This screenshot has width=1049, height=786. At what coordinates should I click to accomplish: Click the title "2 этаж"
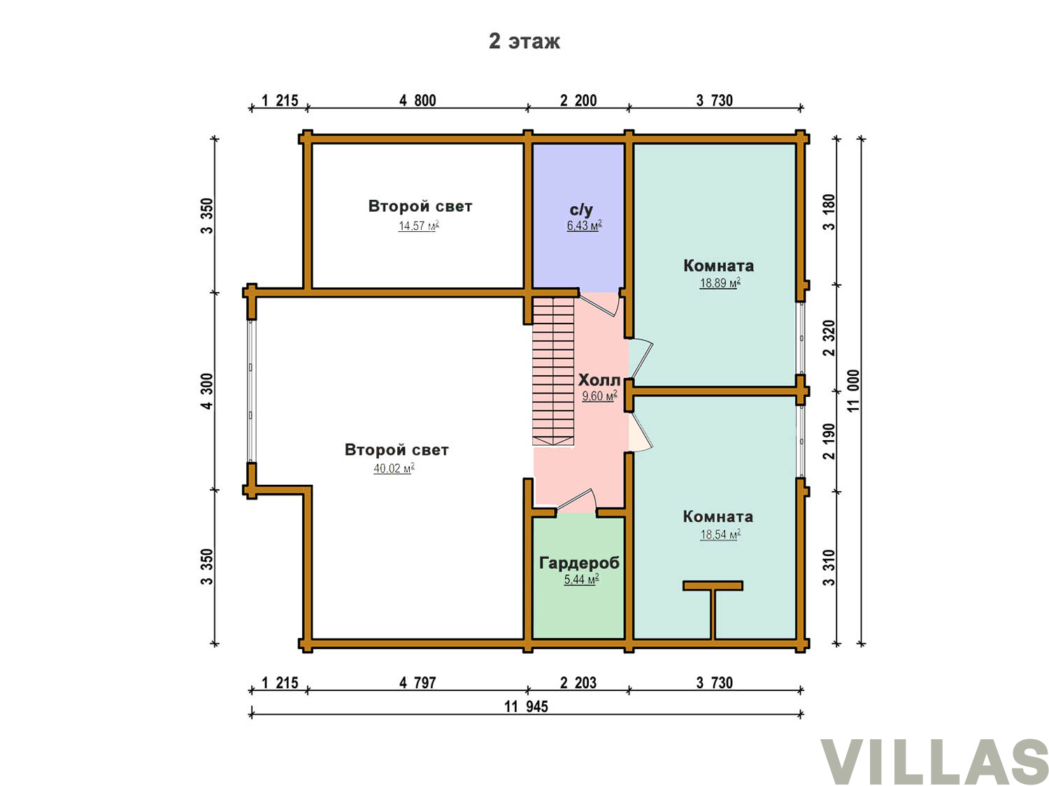[524, 41]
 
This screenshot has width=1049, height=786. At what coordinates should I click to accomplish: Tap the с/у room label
[581, 210]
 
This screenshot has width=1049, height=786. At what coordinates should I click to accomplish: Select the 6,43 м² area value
[584, 225]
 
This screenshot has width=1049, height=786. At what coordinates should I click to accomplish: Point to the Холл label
[599, 380]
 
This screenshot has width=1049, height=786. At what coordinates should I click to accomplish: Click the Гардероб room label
[579, 563]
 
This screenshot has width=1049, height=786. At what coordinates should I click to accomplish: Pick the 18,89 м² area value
[720, 282]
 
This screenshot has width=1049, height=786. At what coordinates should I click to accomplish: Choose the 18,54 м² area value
[720, 534]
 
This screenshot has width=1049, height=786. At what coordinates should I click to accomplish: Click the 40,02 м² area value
[393, 468]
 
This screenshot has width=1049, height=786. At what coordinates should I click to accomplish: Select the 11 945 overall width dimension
[526, 706]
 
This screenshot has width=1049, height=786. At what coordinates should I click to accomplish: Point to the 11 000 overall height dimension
[853, 391]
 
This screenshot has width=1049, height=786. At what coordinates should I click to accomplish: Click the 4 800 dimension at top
[418, 101]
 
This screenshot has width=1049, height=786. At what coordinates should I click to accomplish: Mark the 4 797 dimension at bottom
[418, 683]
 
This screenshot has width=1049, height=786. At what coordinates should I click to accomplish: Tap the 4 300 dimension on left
[206, 391]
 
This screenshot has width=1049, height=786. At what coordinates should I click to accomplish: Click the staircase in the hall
[553, 371]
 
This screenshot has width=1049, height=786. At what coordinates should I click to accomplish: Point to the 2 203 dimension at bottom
[578, 683]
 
